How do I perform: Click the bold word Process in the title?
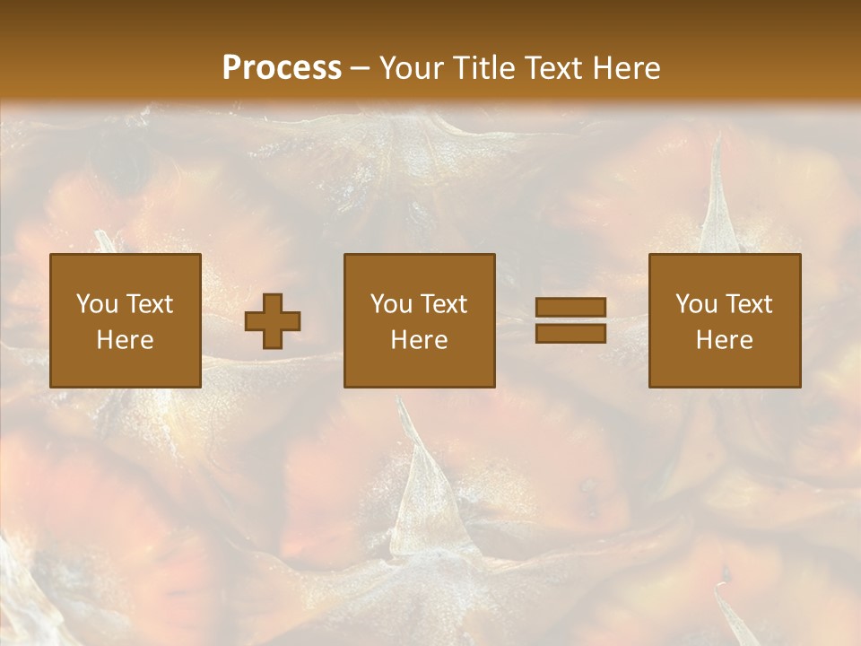(x=282, y=68)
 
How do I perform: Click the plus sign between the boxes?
(x=273, y=320)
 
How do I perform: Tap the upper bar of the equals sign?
(x=570, y=307)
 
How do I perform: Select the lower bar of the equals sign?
(x=570, y=333)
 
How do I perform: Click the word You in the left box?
(x=97, y=304)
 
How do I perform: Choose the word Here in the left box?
(x=125, y=340)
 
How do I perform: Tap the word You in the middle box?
(x=392, y=304)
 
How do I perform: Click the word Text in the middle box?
(x=444, y=304)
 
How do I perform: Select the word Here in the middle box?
(x=420, y=340)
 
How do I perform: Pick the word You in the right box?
(x=697, y=304)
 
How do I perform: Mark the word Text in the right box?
(x=749, y=304)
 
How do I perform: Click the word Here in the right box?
(x=724, y=340)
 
